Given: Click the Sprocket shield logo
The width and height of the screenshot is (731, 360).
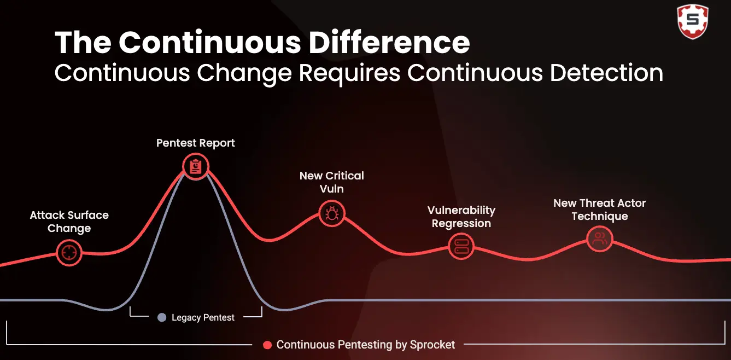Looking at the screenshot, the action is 693,21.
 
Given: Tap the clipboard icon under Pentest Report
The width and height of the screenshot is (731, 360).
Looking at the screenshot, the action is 196,167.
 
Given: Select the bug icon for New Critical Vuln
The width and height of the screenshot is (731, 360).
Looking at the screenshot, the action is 331,214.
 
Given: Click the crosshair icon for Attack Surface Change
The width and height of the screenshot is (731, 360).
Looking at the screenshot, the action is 69,253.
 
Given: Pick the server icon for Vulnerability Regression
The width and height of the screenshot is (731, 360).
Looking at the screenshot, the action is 461,246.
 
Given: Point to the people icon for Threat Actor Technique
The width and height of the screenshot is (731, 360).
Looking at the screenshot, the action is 599,239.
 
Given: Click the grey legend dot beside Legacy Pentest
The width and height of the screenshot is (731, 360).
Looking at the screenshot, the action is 162,317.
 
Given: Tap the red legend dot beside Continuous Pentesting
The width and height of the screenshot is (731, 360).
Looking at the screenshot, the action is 267,345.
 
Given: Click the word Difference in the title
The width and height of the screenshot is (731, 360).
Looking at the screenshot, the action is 389,43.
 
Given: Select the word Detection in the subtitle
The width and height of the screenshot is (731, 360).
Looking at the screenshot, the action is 606,73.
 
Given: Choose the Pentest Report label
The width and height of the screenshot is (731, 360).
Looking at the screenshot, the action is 196,143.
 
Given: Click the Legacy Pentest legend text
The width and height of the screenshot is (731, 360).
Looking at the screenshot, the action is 203,317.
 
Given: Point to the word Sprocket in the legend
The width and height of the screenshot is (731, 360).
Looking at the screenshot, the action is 432,345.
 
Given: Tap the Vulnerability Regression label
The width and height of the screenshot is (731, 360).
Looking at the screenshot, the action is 461,217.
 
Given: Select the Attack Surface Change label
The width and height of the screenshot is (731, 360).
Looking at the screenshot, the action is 69,222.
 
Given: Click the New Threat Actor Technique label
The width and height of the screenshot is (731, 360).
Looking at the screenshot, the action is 599,210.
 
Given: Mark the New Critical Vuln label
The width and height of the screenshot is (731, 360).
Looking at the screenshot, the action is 331,182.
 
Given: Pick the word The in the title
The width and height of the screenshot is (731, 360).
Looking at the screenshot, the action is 83,43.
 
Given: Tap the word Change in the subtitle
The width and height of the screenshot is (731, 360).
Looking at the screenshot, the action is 244,74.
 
